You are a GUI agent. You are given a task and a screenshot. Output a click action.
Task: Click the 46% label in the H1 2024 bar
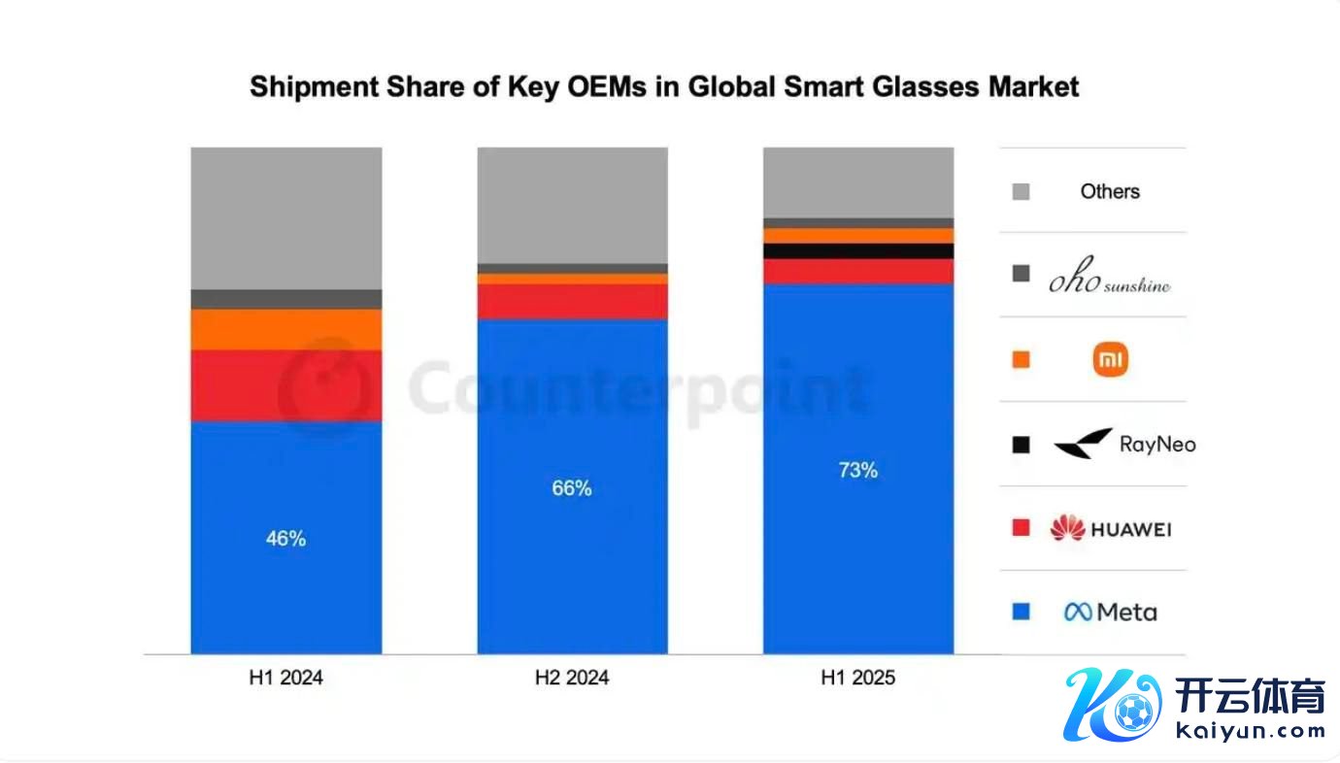click(285, 539)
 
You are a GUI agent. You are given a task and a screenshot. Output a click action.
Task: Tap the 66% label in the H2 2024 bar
click(572, 488)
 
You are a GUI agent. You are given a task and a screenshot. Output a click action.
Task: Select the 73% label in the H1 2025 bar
click(858, 471)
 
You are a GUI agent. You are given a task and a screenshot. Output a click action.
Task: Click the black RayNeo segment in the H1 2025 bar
click(858, 251)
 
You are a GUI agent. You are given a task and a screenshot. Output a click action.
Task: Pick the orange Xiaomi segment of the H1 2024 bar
click(285, 329)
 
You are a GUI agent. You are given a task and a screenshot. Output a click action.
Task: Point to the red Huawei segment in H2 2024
click(572, 301)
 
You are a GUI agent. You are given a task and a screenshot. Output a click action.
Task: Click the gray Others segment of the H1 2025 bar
click(858, 182)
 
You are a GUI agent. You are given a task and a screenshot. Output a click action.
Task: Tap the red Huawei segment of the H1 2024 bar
click(285, 385)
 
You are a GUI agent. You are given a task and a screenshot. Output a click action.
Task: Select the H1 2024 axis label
click(285, 679)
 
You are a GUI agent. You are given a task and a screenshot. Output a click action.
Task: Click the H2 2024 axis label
click(572, 679)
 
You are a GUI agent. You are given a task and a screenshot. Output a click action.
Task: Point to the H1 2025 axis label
click(858, 679)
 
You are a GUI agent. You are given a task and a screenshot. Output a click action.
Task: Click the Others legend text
click(1110, 191)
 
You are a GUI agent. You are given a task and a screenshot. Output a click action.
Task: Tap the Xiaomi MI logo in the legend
click(1110, 360)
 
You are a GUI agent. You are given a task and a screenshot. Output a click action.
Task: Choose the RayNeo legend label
click(1157, 445)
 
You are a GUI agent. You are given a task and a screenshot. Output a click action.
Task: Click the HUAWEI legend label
click(1129, 529)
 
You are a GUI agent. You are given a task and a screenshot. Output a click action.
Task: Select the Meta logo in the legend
click(1110, 613)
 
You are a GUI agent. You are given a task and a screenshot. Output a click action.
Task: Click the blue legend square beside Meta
click(1021, 613)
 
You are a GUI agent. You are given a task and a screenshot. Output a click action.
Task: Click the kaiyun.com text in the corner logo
click(1250, 730)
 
